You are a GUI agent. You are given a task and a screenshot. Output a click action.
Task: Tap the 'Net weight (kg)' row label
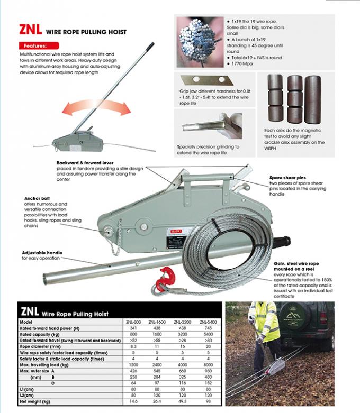37,401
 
